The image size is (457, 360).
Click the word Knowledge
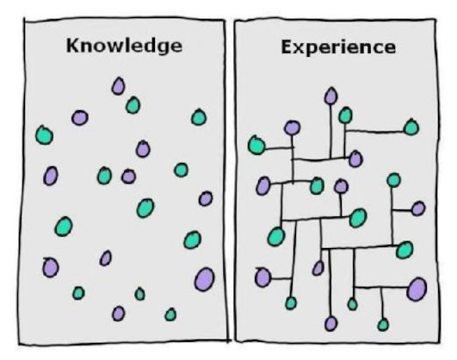(124, 46)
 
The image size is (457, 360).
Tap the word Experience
(338, 47)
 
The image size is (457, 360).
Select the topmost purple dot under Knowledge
(118, 86)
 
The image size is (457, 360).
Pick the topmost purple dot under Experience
(330, 96)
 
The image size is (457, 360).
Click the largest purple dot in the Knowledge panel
(205, 279)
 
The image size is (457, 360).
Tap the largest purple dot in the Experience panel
(417, 289)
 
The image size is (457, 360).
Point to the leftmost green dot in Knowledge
(44, 135)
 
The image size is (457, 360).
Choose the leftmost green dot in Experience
(256, 145)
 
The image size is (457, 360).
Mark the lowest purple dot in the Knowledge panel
(118, 313)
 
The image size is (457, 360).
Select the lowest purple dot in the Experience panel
(330, 324)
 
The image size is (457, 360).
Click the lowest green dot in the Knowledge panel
(170, 314)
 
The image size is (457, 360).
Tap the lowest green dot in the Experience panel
(383, 325)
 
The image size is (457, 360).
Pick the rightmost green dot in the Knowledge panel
(199, 117)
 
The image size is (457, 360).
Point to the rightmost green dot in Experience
(411, 127)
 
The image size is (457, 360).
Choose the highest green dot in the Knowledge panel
(133, 105)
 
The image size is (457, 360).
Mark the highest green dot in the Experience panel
(345, 115)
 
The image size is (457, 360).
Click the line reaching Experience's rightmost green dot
(374, 131)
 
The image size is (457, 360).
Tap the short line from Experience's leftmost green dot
(279, 149)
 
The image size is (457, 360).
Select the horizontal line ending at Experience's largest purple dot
(380, 288)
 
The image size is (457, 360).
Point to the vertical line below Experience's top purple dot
(330, 131)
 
